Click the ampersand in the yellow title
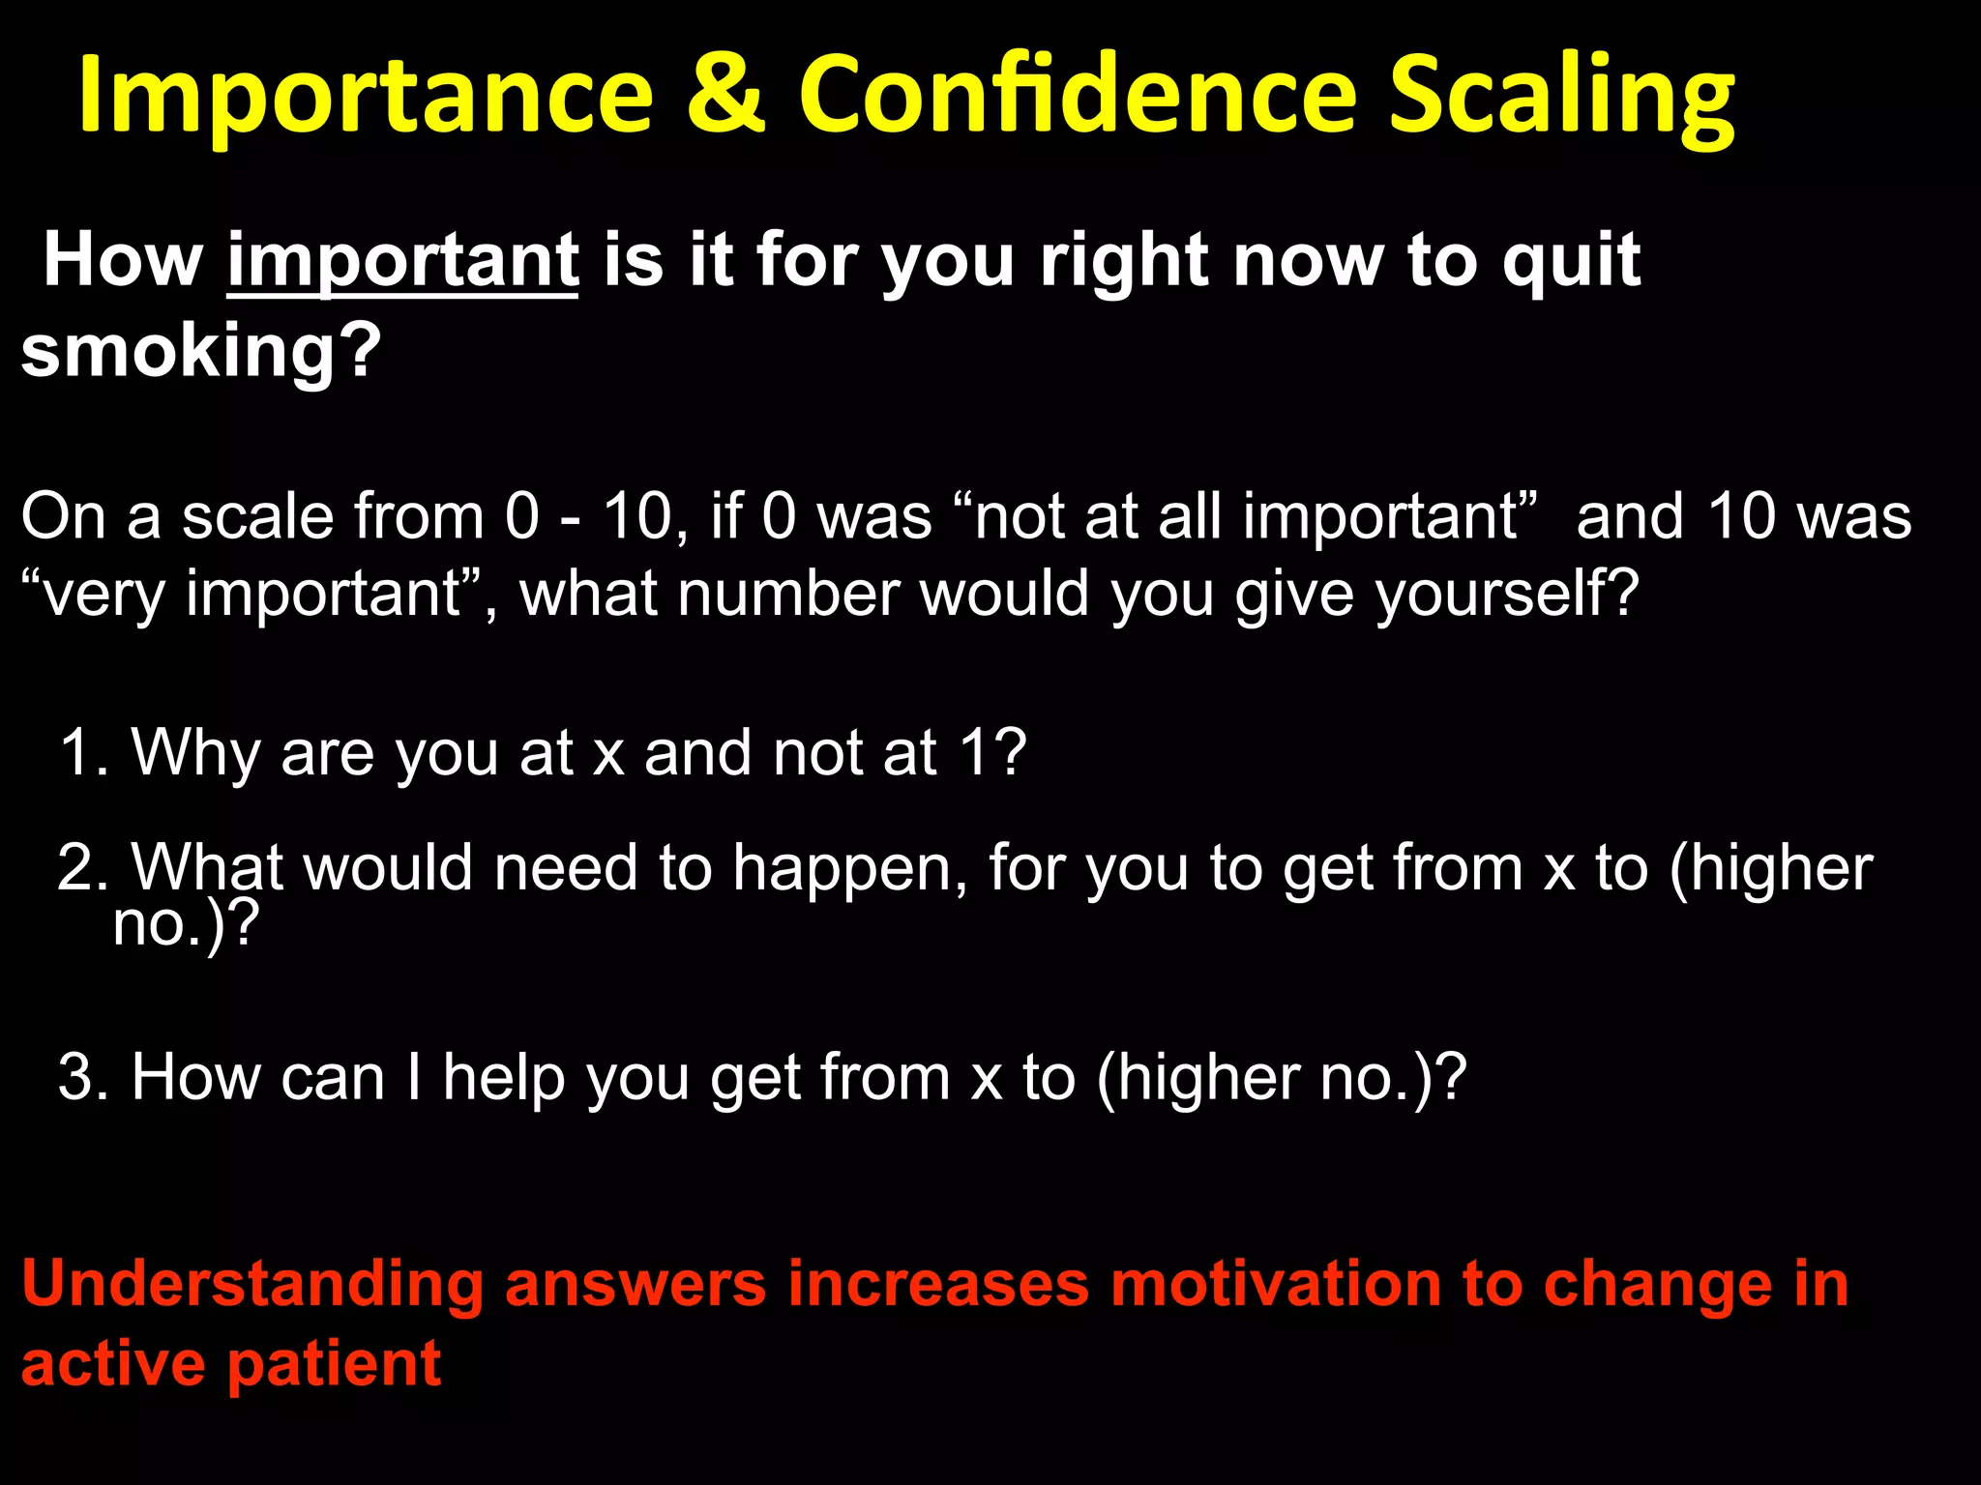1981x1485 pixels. click(x=725, y=94)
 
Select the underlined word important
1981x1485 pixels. click(x=402, y=261)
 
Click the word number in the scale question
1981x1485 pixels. click(x=787, y=593)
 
